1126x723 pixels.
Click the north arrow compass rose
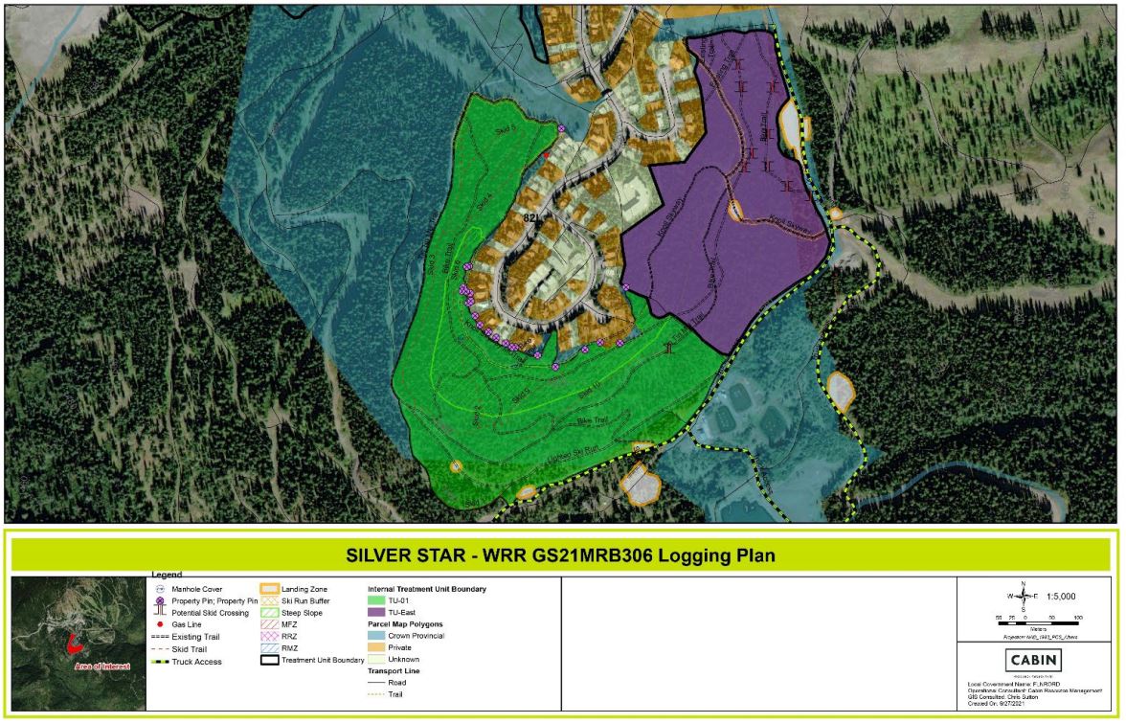tap(1023, 596)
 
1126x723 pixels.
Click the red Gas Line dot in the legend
tap(161, 623)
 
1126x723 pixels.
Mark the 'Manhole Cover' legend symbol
tap(161, 589)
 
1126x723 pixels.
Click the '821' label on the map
tap(532, 218)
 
